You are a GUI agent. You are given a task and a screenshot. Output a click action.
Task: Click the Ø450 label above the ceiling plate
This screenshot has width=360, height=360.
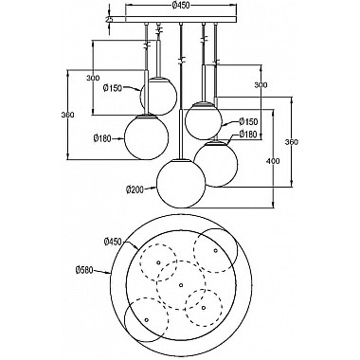point(180,7)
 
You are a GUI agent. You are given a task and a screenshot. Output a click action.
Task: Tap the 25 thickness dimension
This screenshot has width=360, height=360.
point(110,19)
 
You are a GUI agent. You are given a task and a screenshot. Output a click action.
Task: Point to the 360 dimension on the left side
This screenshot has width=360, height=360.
point(65,116)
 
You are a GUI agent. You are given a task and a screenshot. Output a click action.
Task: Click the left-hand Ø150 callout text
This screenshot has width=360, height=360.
point(115,91)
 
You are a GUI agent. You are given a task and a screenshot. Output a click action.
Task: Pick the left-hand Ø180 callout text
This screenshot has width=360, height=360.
point(103,138)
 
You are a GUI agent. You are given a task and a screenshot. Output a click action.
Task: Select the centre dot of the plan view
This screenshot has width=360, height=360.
point(180,283)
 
